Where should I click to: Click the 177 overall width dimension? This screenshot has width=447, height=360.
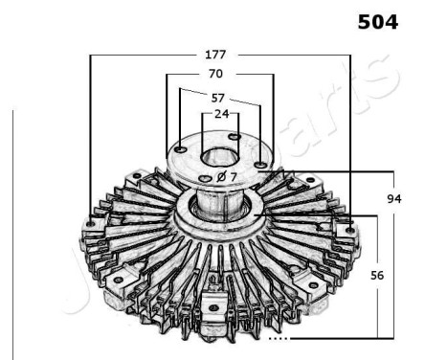pos(222,54)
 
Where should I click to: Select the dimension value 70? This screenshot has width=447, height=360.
pos(215,75)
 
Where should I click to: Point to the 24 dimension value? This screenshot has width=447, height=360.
pos(222,114)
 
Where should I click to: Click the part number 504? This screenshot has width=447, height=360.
pos(377,21)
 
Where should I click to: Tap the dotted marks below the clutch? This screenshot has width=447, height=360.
pos(279,338)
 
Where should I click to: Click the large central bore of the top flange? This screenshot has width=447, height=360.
pos(220,157)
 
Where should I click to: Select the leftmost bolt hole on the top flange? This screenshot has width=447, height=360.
pos(182,148)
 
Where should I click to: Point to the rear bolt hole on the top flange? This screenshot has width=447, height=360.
pos(236,138)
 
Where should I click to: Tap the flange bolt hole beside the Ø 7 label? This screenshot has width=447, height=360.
pos(205,179)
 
